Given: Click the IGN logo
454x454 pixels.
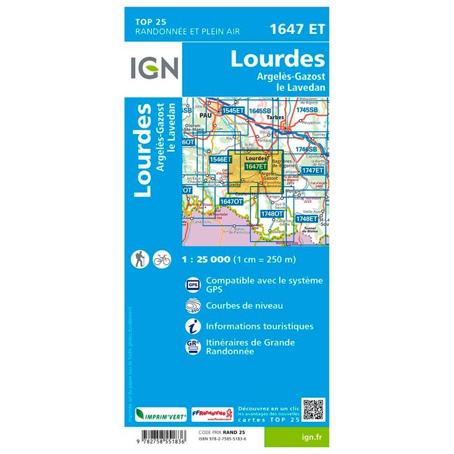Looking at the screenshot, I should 154,68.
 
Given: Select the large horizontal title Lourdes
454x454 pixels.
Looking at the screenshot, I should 277,59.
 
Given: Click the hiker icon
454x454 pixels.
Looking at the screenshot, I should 139,259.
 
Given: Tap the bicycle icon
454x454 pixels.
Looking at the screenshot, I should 161,259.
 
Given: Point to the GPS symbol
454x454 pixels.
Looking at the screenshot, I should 193,285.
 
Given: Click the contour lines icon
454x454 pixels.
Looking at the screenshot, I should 193,306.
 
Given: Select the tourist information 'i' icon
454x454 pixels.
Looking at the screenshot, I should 193,326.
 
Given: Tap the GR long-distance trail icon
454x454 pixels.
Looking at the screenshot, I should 193,347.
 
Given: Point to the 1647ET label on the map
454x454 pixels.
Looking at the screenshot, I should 256,166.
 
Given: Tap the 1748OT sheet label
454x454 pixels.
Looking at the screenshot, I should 272,214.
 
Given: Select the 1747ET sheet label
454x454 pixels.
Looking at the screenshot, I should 313,170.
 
